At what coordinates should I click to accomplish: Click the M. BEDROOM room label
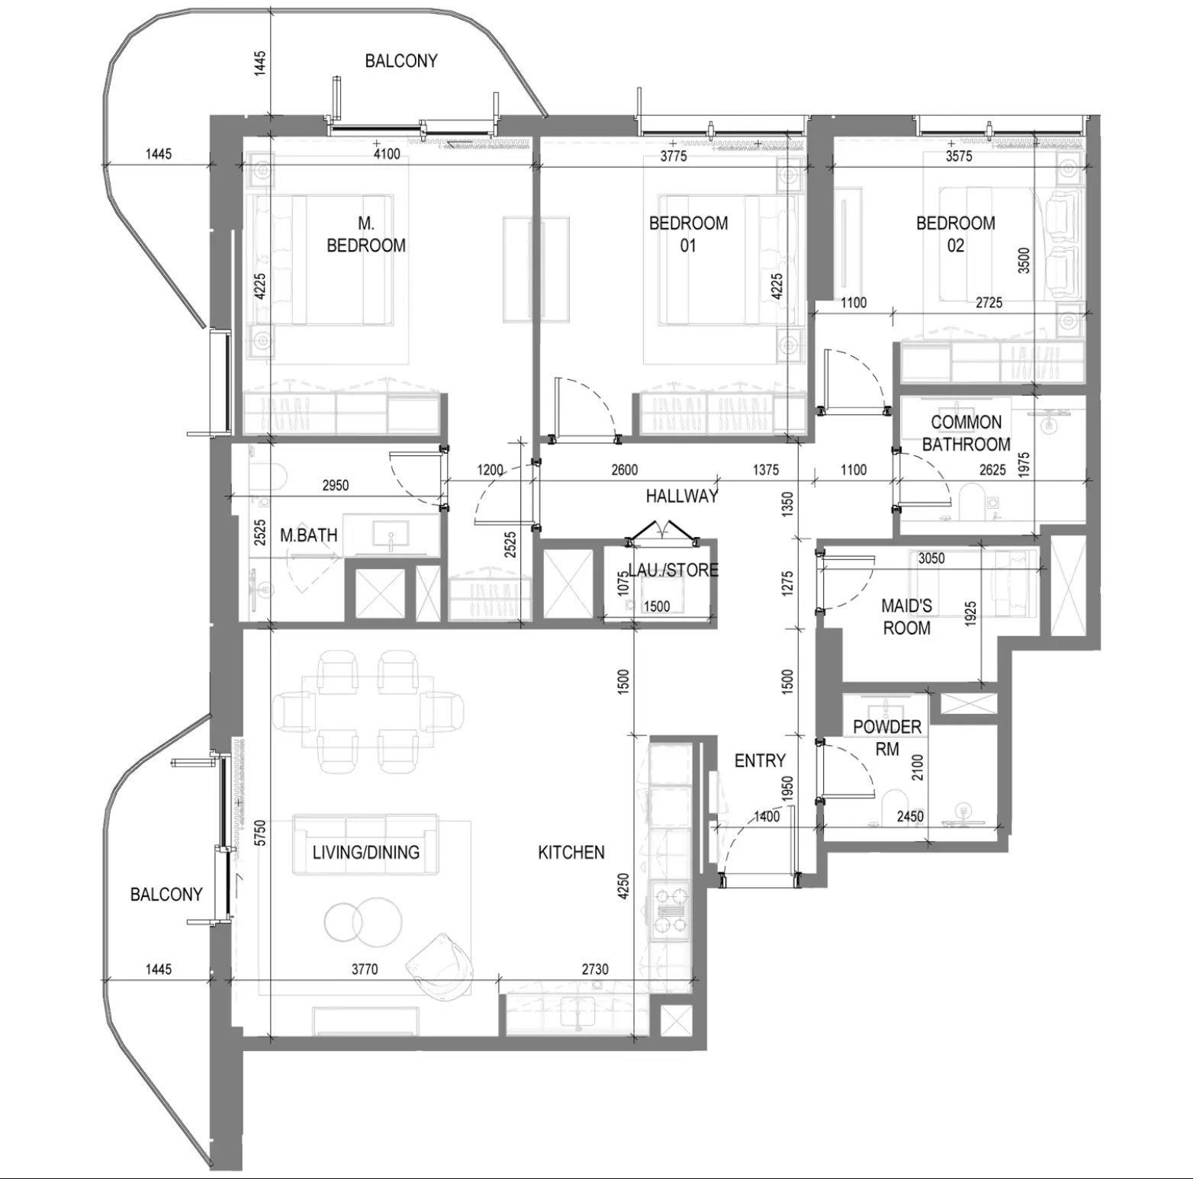366,234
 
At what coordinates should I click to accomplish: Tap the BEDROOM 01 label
688,234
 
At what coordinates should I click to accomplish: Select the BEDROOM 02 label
955,234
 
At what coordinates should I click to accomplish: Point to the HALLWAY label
682,496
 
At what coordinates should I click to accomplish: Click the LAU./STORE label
673,570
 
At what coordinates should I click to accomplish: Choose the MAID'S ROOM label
906,617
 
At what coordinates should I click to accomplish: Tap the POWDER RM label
887,738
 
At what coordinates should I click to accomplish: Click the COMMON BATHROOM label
966,433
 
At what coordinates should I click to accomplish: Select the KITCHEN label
571,853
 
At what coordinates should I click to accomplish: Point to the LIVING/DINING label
366,853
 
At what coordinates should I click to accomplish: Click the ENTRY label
760,760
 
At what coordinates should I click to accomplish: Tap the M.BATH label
308,535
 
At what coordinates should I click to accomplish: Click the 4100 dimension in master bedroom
387,155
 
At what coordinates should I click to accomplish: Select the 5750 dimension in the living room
260,833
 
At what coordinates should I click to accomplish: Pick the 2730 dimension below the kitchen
595,969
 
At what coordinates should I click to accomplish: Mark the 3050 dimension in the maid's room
931,559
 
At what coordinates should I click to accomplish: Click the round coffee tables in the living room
362,920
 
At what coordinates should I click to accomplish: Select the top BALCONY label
401,61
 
